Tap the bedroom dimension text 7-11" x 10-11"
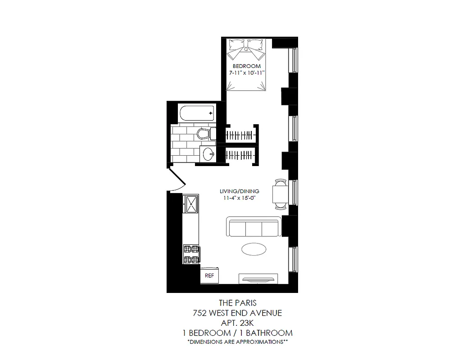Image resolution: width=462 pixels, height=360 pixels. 246,72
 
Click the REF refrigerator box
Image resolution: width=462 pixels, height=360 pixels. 209,276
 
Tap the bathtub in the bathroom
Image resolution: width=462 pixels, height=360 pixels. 196,113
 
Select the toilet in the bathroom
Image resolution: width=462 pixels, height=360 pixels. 205,134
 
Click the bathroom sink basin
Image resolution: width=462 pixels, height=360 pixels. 208,154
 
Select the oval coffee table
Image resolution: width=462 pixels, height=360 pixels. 254,249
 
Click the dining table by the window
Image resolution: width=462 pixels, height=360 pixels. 280,194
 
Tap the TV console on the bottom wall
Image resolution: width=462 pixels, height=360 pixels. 259,278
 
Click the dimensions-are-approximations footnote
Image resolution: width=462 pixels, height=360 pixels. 237,342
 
